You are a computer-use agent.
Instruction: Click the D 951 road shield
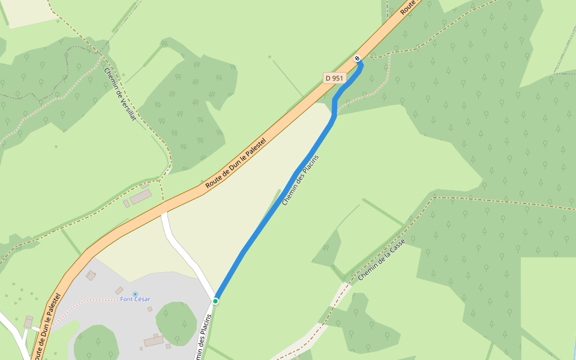tap(334, 78)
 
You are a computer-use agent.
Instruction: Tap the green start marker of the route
tap(215, 301)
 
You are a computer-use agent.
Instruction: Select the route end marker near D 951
tap(358, 58)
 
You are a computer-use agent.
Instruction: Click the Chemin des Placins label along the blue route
tap(300, 181)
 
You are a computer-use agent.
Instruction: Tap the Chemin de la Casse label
tap(382, 260)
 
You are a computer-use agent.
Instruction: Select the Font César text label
tap(135, 299)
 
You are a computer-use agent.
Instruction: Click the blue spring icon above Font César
tap(135, 293)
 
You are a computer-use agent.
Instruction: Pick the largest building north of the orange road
tap(141, 197)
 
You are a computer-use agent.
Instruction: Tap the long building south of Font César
tap(154, 341)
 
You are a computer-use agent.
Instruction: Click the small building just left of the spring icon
tap(119, 290)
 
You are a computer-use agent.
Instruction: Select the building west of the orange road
tap(28, 323)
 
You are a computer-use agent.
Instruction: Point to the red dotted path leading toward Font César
tap(84, 303)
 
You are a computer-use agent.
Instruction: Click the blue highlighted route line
tap(270, 216)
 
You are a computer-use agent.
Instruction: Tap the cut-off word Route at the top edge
tap(408, 7)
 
